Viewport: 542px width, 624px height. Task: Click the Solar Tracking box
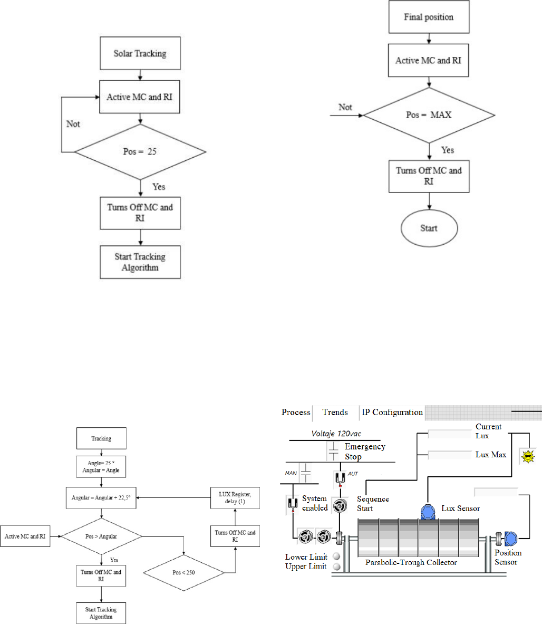tap(140, 54)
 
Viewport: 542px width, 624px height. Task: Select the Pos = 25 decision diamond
tap(140, 151)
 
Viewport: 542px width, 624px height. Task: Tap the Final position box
tap(429, 17)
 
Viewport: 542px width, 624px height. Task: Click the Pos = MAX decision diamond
tap(429, 114)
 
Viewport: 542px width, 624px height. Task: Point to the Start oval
tap(429, 228)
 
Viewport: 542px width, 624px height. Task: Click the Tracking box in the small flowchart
tap(101, 438)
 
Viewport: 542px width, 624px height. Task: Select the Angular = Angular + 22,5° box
tap(101, 497)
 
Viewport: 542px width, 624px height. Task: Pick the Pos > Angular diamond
tap(101, 536)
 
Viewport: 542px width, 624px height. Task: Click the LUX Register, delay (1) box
tap(235, 497)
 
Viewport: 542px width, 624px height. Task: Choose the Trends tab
tap(335, 412)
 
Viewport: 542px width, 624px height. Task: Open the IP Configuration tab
tap(392, 412)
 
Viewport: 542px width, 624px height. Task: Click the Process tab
tap(296, 412)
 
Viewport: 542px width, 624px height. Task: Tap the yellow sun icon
tap(527, 456)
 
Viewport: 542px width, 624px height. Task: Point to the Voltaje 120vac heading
tap(336, 435)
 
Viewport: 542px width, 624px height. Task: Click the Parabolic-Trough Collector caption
tap(411, 562)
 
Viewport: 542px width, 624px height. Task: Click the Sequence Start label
tap(373, 504)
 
